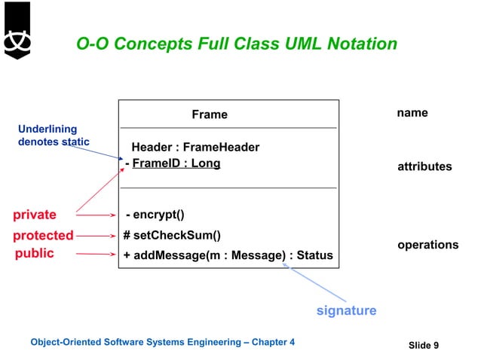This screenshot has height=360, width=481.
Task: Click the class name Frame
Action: pyautogui.click(x=209, y=114)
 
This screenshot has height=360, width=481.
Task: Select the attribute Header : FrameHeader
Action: pyautogui.click(x=195, y=147)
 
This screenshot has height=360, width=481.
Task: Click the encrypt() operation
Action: pyautogui.click(x=155, y=215)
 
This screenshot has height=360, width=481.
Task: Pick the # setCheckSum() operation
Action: pyautogui.click(x=172, y=235)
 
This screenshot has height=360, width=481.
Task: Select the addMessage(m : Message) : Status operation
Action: pyautogui.click(x=228, y=255)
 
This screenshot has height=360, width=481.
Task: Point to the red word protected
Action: pyautogui.click(x=43, y=235)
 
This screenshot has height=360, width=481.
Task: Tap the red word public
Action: pyautogui.click(x=35, y=254)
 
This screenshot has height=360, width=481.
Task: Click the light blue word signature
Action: pyautogui.click(x=346, y=310)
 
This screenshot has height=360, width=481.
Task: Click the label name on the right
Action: pyautogui.click(x=412, y=113)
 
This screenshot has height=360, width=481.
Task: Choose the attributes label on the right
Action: pyautogui.click(x=424, y=166)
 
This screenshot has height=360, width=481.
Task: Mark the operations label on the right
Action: pyautogui.click(x=427, y=245)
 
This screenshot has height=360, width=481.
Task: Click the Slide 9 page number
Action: pyautogui.click(x=424, y=345)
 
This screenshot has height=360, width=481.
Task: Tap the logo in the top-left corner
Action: pyautogui.click(x=16, y=31)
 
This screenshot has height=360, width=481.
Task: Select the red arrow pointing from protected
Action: pyautogui.click(x=96, y=236)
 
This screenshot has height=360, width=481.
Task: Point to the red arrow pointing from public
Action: pyautogui.click(x=96, y=255)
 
